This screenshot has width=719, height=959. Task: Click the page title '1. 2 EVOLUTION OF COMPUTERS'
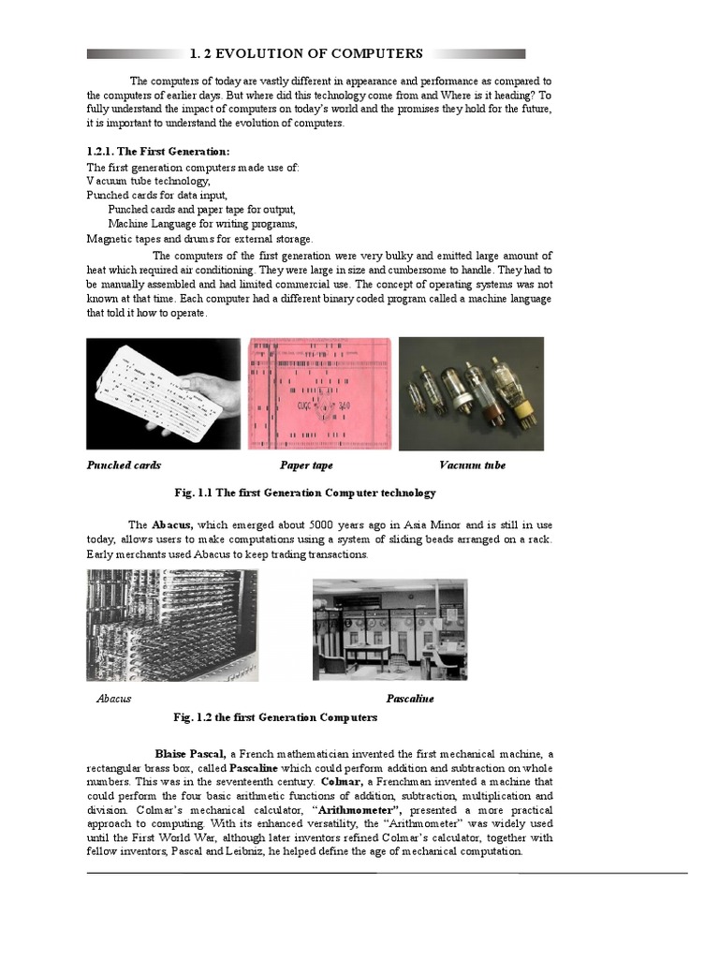tap(306, 54)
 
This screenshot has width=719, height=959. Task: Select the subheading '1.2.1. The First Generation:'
tap(158, 152)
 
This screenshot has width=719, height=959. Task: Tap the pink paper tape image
tap(318, 393)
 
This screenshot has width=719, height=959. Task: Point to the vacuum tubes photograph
tap(471, 393)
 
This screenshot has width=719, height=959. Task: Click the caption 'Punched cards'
tap(124, 465)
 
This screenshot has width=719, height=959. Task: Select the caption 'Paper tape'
tap(306, 465)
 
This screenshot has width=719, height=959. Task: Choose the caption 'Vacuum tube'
tap(472, 465)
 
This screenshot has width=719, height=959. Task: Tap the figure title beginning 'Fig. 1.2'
tap(275, 717)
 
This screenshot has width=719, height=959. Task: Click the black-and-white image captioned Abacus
tap(172, 625)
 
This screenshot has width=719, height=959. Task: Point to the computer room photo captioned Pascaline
tap(389, 629)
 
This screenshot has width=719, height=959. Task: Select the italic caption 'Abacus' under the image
tap(114, 699)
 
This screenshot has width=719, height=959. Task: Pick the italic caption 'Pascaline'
tap(410, 699)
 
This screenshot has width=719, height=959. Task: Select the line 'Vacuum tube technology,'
tap(149, 181)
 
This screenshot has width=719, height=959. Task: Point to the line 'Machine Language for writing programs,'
tap(203, 224)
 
